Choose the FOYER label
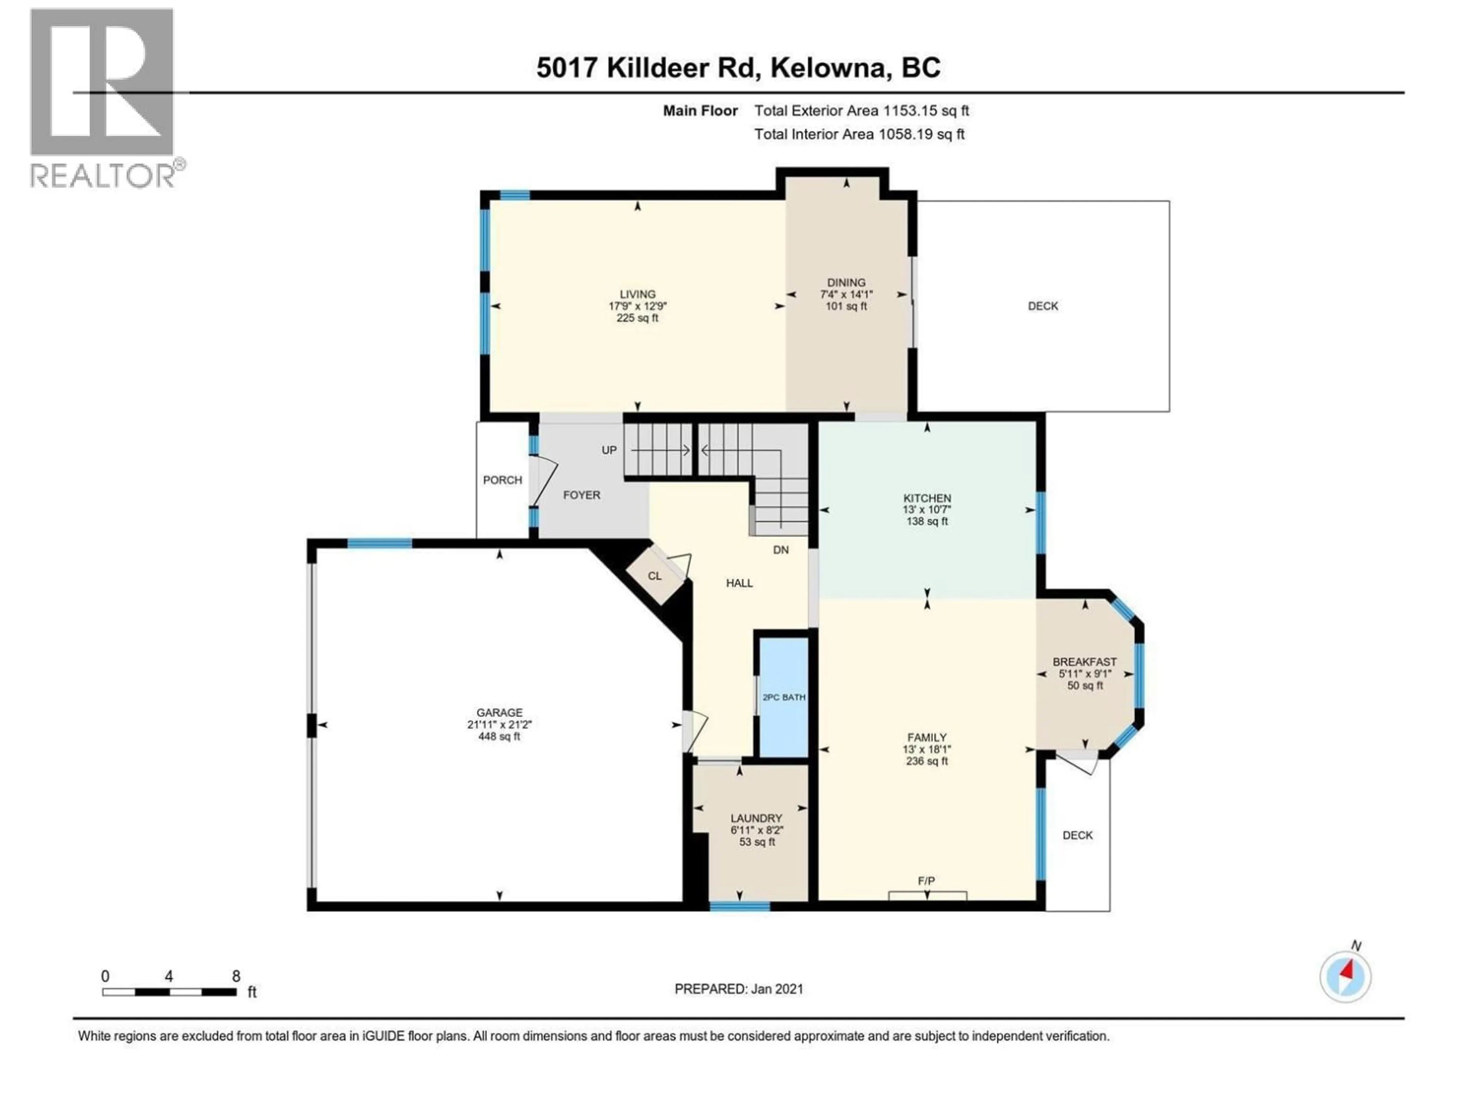click(582, 495)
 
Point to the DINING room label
click(846, 282)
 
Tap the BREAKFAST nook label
click(1084, 662)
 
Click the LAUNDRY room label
click(756, 818)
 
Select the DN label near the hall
click(780, 550)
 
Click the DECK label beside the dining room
click(1042, 306)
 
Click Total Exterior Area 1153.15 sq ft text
click(861, 111)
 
